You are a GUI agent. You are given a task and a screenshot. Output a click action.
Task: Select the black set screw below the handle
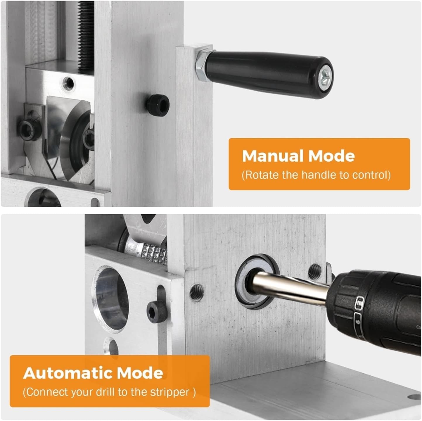pyautogui.click(x=158, y=106)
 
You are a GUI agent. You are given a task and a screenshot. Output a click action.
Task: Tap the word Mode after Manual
pyautogui.click(x=332, y=156)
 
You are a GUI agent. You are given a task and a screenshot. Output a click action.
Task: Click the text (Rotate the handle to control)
pyautogui.click(x=316, y=175)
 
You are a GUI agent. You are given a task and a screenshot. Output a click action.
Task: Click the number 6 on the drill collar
pyautogui.click(x=358, y=322)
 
